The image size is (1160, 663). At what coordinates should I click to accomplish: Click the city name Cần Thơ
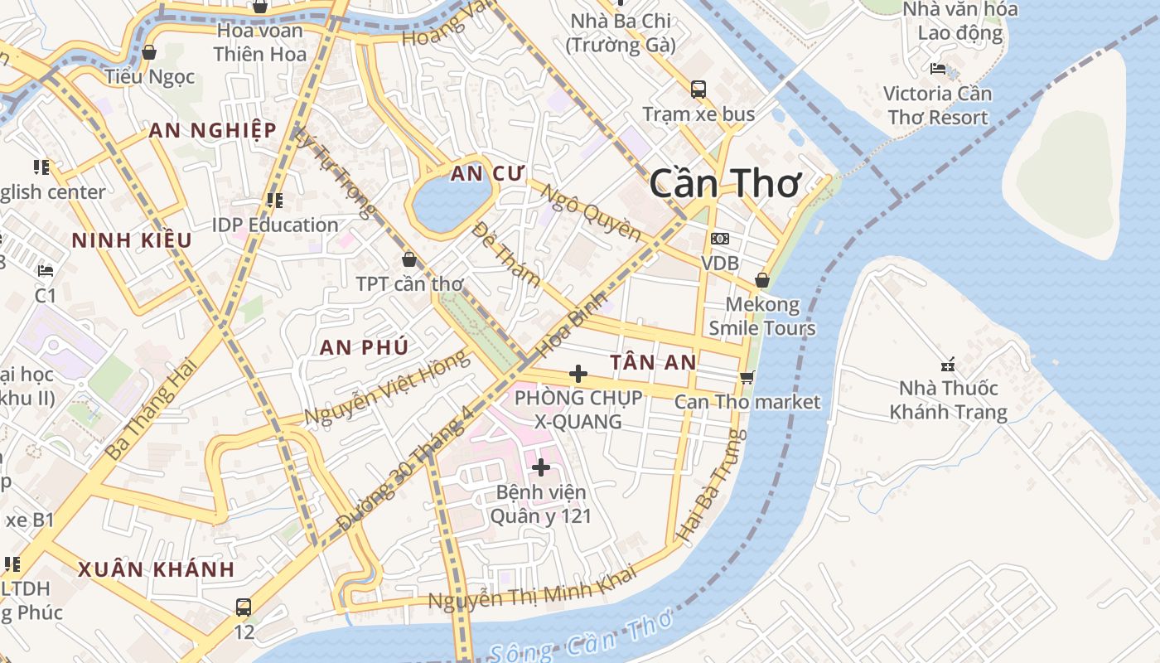(x=725, y=182)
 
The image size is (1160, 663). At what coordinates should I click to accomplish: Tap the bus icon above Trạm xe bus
(x=698, y=89)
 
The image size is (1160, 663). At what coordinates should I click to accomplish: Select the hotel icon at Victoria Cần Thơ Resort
(x=938, y=69)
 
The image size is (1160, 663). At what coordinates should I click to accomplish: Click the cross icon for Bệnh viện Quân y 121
(x=540, y=467)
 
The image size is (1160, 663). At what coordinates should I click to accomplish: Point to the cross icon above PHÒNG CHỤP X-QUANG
(x=578, y=374)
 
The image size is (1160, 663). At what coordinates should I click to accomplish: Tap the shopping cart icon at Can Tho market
(x=747, y=377)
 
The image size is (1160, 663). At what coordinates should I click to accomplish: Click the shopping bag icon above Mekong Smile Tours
(x=762, y=280)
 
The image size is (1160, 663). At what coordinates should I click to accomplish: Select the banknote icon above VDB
(x=719, y=239)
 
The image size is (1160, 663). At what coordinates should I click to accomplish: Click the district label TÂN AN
(x=653, y=362)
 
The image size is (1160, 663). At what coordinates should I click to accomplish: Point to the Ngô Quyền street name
(x=590, y=212)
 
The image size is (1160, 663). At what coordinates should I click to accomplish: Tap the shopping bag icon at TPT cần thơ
(x=408, y=259)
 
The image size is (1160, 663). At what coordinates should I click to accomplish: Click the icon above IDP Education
(x=275, y=200)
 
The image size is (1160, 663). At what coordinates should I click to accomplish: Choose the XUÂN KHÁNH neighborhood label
(x=157, y=569)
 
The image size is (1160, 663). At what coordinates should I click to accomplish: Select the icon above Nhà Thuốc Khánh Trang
(x=949, y=363)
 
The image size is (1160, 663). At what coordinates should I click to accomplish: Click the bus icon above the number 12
(x=243, y=607)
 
